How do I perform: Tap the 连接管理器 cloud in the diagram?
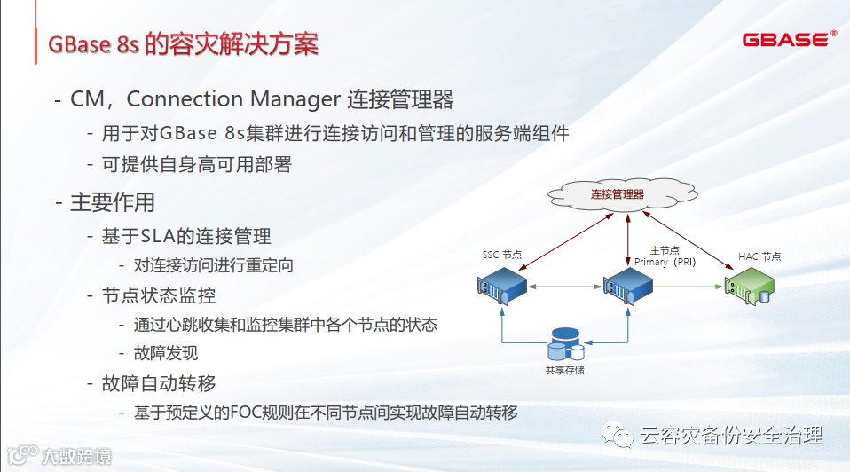[x=618, y=193]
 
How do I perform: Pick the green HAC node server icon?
[x=750, y=286]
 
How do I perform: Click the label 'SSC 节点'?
[x=502, y=255]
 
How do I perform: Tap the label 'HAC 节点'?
[x=759, y=256]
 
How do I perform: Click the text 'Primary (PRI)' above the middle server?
[x=666, y=262]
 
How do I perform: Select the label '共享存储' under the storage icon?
[x=565, y=370]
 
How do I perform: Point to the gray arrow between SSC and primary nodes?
[x=564, y=287]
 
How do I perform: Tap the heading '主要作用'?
[x=113, y=201]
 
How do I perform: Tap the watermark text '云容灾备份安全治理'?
[x=731, y=436]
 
